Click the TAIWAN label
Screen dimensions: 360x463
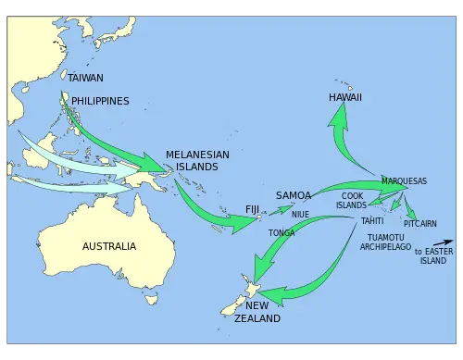tap(86, 78)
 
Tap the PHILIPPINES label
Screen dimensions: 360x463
tap(100, 101)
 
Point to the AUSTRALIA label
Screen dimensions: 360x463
tap(109, 246)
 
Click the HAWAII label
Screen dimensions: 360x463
tap(345, 97)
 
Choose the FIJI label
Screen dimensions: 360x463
tap(253, 208)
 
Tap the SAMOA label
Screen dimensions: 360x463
tap(293, 196)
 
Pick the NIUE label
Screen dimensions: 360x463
tap(300, 214)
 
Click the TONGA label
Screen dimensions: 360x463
tap(282, 232)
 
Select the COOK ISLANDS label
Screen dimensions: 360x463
tap(352, 201)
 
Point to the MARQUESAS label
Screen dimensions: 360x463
tap(404, 180)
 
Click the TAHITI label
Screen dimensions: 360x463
tap(372, 221)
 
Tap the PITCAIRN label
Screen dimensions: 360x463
tap(420, 223)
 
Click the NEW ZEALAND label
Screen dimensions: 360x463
tap(257, 312)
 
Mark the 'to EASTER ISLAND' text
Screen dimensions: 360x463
tap(433, 255)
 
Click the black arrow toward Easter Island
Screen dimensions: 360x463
tap(442, 243)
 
